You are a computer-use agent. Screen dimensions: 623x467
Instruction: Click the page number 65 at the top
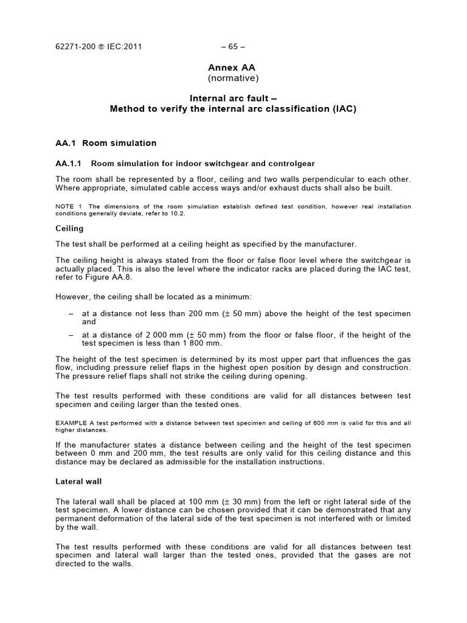[x=233, y=46]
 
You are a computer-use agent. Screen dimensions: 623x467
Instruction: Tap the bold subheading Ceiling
[x=69, y=229]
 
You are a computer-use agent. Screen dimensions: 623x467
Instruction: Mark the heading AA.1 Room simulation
[x=106, y=143]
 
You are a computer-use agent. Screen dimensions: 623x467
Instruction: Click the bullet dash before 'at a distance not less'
[x=71, y=314]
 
